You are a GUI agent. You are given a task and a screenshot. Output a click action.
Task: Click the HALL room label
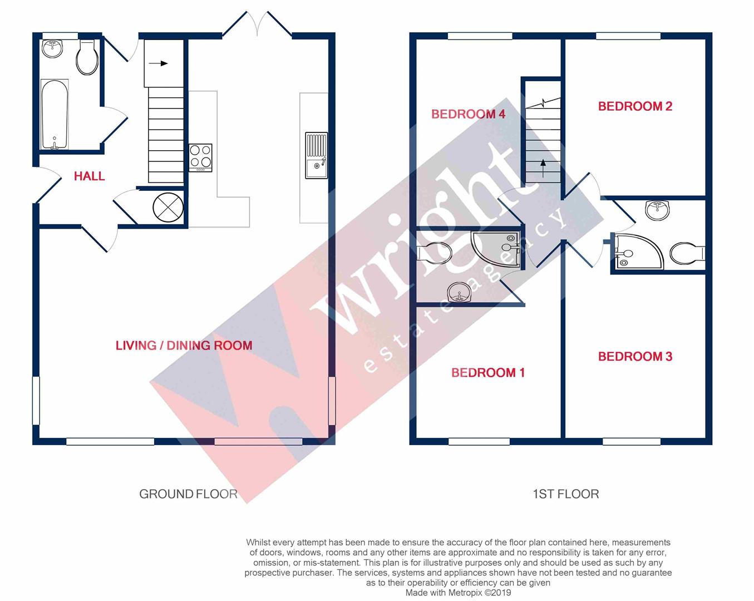89,176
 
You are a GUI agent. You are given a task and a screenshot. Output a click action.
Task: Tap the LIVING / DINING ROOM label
184,346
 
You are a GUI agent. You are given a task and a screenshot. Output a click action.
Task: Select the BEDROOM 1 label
487,373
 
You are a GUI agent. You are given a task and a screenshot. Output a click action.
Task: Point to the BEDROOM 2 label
635,106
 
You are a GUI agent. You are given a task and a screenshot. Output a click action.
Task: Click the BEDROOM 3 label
635,357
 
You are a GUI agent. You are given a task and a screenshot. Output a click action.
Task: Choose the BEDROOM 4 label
468,114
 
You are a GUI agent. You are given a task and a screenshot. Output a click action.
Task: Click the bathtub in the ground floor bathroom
55,115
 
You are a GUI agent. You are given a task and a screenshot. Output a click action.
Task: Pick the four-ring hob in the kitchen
200,157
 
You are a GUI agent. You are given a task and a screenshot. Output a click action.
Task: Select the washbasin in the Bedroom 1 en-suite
459,292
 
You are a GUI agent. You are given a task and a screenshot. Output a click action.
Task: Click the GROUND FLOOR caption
188,494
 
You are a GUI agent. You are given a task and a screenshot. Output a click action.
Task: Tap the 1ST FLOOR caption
565,494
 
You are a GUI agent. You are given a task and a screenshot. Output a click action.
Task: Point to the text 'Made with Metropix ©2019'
458,593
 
